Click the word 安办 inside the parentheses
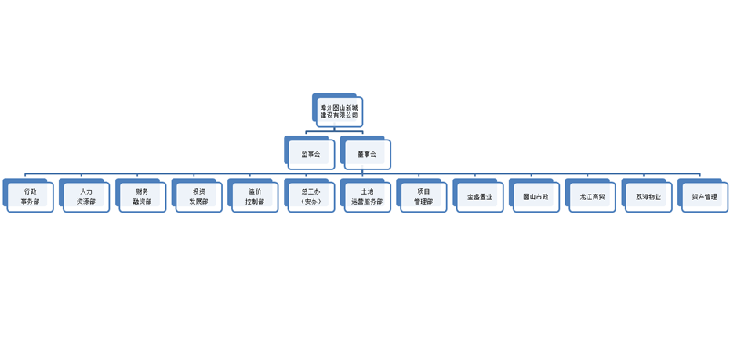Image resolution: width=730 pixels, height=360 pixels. tap(311, 202)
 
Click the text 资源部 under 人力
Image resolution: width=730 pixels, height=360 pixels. tap(86, 202)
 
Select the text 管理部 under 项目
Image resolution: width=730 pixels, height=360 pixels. tap(423, 202)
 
